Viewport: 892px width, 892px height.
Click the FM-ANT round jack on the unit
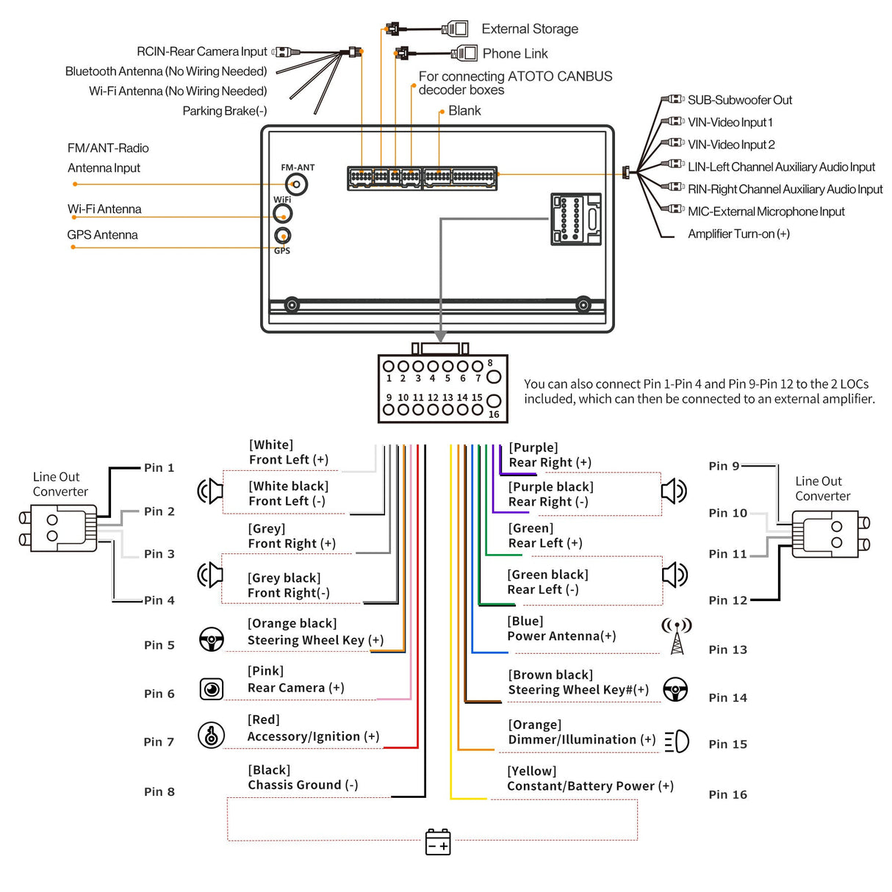pyautogui.click(x=296, y=184)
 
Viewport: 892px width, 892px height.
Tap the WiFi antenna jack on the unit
pyautogui.click(x=283, y=214)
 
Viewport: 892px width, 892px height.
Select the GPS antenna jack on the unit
pyautogui.click(x=283, y=236)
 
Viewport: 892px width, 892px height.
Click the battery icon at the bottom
pyautogui.click(x=438, y=842)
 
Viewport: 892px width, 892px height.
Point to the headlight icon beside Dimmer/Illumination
pyautogui.click(x=677, y=741)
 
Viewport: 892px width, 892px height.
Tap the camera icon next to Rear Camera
pyautogui.click(x=212, y=689)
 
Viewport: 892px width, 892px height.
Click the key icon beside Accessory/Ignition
pyautogui.click(x=212, y=735)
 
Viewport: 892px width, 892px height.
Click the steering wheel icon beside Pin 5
pyautogui.click(x=212, y=639)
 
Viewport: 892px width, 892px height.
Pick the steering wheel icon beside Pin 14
pyautogui.click(x=675, y=690)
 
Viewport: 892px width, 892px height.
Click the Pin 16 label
pyautogui.click(x=727, y=794)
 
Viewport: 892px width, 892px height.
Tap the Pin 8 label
pyautogui.click(x=159, y=791)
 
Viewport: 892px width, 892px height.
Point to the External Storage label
pyautogui.click(x=530, y=29)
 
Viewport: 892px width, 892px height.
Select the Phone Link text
pyautogui.click(x=515, y=54)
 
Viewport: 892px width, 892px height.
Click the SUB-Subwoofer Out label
pyautogui.click(x=739, y=100)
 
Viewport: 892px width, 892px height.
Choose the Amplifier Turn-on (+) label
pyautogui.click(x=738, y=234)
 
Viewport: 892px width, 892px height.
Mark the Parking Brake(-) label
pyautogui.click(x=225, y=111)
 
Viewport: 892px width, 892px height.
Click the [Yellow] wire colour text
pyautogui.click(x=532, y=771)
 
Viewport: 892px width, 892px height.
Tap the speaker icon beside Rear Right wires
pyautogui.click(x=674, y=491)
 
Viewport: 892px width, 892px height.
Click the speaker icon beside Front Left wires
pyautogui.click(x=210, y=490)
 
